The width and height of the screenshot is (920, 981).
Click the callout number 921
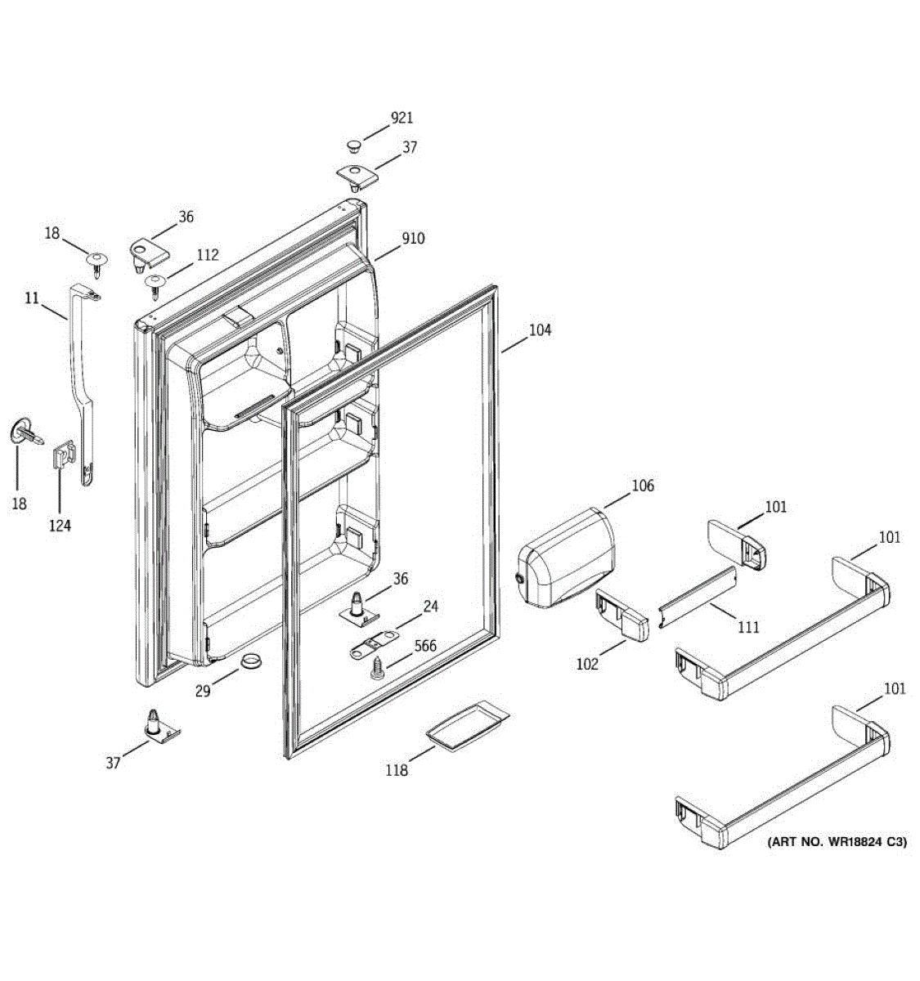pyautogui.click(x=402, y=119)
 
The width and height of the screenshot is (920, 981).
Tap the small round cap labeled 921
pyautogui.click(x=353, y=146)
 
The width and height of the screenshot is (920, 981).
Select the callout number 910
pyautogui.click(x=412, y=239)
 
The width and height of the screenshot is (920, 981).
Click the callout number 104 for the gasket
pyautogui.click(x=539, y=330)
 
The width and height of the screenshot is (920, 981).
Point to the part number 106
pyautogui.click(x=642, y=486)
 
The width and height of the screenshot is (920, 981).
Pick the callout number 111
pyautogui.click(x=747, y=627)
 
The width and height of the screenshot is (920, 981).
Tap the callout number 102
pyautogui.click(x=586, y=664)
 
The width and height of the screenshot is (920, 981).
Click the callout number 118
pyautogui.click(x=397, y=769)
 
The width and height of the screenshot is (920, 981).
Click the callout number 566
pyautogui.click(x=424, y=646)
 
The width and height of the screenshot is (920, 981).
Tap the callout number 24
pyautogui.click(x=430, y=607)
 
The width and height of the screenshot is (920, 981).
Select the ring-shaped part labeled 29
pyautogui.click(x=251, y=661)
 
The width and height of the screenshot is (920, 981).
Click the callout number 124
pyautogui.click(x=59, y=526)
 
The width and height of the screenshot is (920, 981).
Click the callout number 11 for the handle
pyautogui.click(x=32, y=298)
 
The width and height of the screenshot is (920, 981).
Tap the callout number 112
pyautogui.click(x=207, y=255)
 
